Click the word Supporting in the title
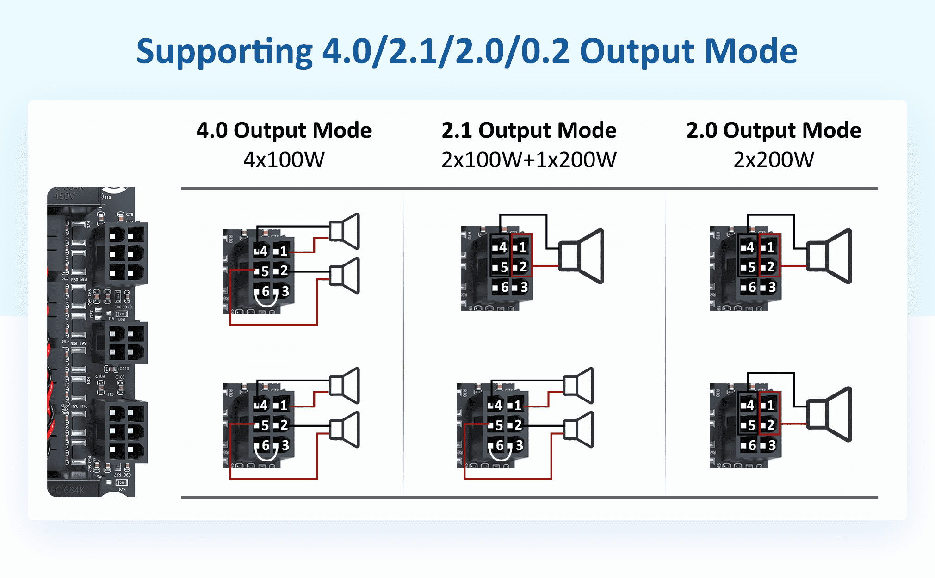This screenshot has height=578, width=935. click(224, 51)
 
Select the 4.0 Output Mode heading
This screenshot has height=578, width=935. click(284, 130)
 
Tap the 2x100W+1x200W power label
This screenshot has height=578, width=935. click(529, 160)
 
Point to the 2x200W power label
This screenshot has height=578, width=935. click(774, 160)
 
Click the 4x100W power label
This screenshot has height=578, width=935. click(284, 160)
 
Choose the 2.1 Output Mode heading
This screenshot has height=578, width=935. click(529, 130)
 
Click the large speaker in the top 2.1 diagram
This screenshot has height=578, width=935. click(581, 256)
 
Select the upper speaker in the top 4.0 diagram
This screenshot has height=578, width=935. click(345, 231)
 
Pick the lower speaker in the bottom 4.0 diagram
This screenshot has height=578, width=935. click(345, 430)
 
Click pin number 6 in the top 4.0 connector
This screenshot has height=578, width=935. click(266, 291)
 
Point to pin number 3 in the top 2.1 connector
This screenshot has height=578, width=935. click(524, 287)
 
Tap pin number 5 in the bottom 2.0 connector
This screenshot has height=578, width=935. click(752, 425)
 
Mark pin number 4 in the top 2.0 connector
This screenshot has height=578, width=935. click(750, 247)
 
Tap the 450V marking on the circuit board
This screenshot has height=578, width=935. click(64, 196)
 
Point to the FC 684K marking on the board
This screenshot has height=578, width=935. click(68, 490)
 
